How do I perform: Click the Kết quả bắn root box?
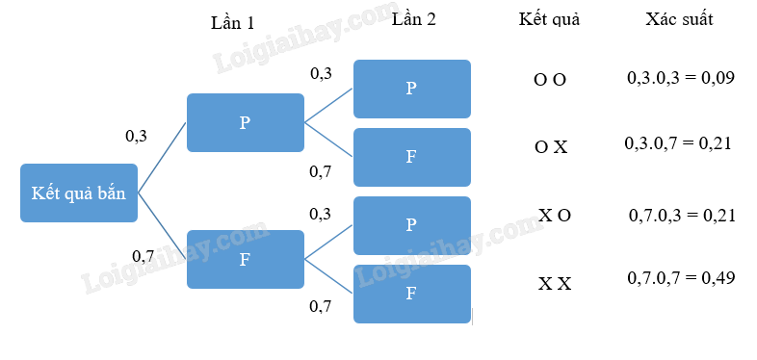[79, 193]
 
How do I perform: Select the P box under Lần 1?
[246, 122]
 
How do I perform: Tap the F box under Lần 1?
[246, 260]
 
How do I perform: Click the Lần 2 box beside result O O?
[412, 89]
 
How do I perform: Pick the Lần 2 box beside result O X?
[412, 157]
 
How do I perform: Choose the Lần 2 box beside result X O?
[412, 225]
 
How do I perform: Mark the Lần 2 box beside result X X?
[412, 294]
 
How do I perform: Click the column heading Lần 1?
[232, 23]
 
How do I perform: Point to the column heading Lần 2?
[414, 19]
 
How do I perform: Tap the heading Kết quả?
[549, 19]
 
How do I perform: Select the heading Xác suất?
[679, 19]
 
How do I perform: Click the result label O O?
[550, 80]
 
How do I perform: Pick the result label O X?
[551, 147]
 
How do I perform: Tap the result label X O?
[555, 216]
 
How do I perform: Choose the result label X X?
[555, 284]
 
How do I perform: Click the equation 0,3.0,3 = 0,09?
[681, 78]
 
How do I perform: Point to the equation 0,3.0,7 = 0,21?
[678, 143]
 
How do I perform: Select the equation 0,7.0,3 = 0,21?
[682, 216]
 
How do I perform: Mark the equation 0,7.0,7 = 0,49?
[681, 278]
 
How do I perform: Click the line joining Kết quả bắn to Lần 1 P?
[162, 158]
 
